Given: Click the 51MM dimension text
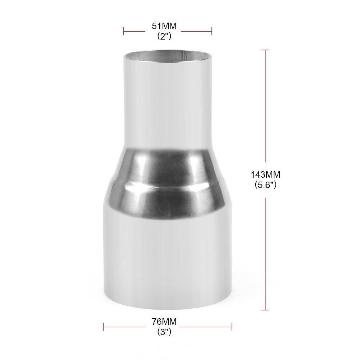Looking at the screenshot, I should (x=168, y=26).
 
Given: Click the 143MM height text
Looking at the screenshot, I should (x=265, y=175).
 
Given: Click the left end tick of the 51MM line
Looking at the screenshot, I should (x=124, y=31).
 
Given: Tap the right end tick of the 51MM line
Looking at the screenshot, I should (x=211, y=31).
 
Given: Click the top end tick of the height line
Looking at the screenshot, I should (x=265, y=50).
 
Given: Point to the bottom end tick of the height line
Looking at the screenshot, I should (x=265, y=310).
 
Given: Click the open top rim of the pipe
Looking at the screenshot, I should (x=168, y=56).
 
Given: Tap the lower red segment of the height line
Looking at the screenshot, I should (x=265, y=252).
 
